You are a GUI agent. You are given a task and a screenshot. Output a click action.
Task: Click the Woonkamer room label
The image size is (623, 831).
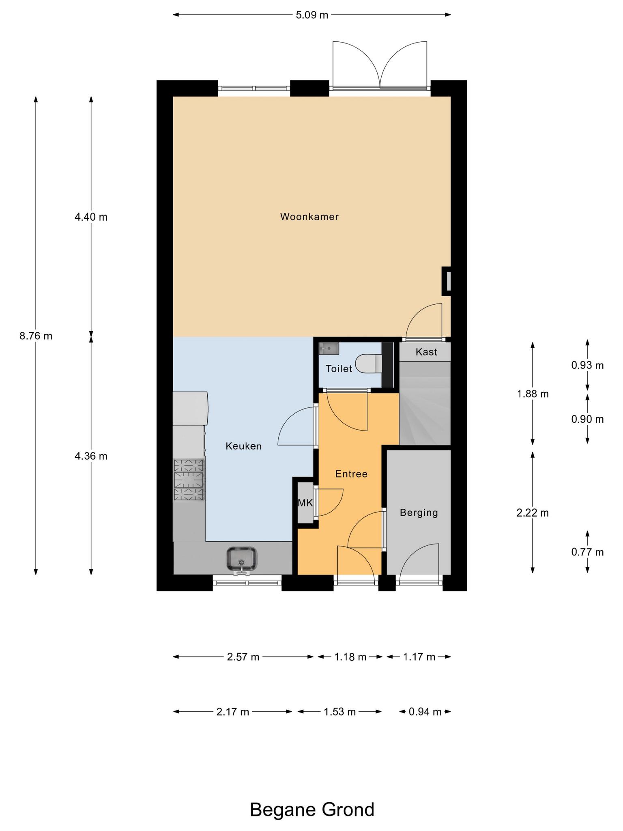click(x=309, y=217)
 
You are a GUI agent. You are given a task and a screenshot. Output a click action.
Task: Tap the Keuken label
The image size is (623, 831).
click(x=243, y=446)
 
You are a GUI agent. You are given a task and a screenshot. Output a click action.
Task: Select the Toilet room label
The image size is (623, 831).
click(x=339, y=369)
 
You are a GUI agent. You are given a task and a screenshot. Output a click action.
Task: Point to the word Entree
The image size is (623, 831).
click(x=351, y=474)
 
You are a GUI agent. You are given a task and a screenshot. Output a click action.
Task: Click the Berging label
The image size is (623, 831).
click(x=419, y=513)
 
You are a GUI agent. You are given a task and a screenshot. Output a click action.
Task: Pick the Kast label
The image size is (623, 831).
click(x=426, y=352)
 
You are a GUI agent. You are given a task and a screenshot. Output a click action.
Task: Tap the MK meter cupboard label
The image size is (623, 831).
click(x=305, y=503)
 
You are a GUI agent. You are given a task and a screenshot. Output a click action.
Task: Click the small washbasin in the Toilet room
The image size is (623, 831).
click(x=329, y=349)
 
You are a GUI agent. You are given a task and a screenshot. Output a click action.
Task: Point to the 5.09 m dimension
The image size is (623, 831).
click(x=311, y=15)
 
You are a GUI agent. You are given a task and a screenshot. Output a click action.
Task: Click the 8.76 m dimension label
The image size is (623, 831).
click(x=36, y=336)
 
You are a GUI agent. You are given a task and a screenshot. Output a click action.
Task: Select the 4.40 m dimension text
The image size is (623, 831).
click(x=91, y=217)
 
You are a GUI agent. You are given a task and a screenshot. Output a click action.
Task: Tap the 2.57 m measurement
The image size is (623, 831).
click(x=243, y=657)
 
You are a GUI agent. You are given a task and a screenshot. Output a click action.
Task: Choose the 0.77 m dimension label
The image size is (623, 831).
click(x=587, y=552)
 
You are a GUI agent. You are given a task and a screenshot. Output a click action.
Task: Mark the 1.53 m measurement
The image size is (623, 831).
click(x=339, y=712)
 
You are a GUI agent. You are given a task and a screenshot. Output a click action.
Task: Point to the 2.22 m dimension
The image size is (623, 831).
click(x=533, y=513)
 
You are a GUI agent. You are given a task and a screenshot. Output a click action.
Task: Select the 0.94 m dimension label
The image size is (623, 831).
click(x=425, y=712)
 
